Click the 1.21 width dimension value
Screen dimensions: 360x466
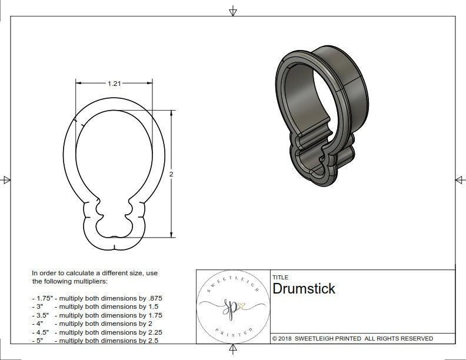114,84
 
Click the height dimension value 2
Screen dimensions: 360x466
171,174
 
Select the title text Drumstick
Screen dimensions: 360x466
304,289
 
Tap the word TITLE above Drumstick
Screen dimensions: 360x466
280,278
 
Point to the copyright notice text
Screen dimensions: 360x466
352,338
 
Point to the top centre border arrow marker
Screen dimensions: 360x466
233,11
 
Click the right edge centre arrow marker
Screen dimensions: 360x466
459,179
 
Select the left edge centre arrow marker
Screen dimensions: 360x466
6,179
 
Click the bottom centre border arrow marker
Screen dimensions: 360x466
233,350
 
